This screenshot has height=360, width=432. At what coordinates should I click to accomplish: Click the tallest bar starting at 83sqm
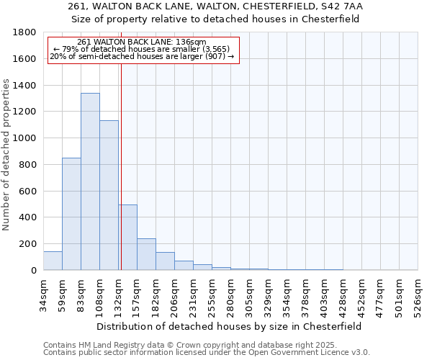(90, 181)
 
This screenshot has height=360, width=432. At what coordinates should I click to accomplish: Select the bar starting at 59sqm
(71, 214)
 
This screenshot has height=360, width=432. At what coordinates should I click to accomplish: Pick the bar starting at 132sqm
(128, 238)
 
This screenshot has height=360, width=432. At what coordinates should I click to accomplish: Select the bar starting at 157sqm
(146, 254)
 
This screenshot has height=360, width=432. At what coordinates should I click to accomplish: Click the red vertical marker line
(121, 166)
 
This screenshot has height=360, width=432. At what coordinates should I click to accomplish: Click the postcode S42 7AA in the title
(344, 6)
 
